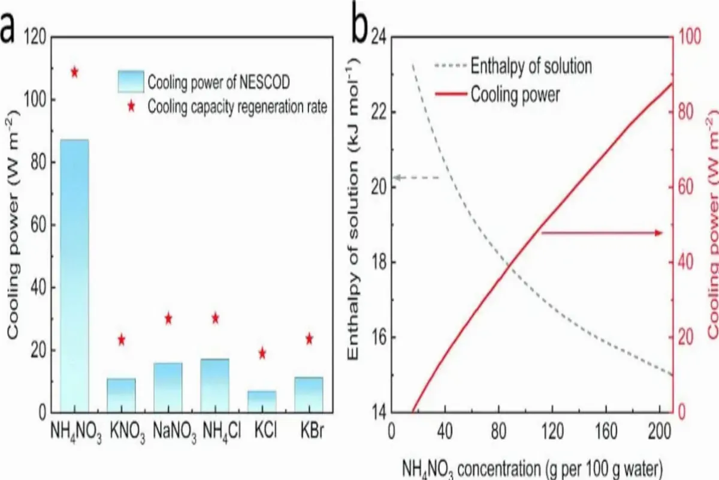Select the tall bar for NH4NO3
(x=74, y=276)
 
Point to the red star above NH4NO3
(x=74, y=73)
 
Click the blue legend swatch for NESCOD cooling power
(x=131, y=80)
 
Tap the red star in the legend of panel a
(x=131, y=107)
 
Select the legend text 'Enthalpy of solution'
(x=531, y=66)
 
